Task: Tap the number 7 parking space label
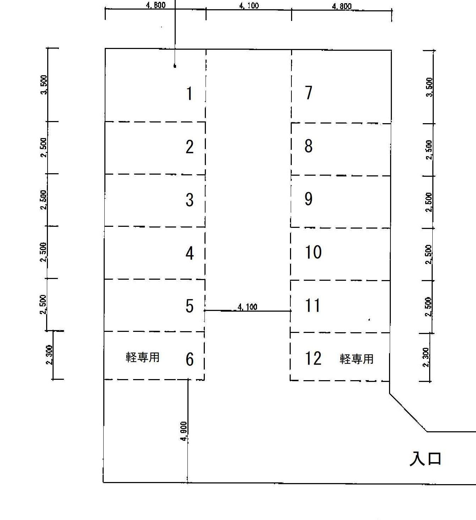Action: (308, 93)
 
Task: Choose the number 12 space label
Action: (313, 358)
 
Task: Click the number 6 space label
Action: (190, 360)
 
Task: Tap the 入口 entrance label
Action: (426, 459)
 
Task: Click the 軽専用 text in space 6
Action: (142, 357)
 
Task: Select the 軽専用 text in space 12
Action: (356, 359)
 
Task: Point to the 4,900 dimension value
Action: (184, 431)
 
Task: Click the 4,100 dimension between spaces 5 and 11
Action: (247, 307)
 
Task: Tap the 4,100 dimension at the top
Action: (249, 6)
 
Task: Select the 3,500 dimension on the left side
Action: (44, 85)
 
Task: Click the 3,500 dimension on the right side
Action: (430, 87)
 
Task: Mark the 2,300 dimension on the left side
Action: (49, 355)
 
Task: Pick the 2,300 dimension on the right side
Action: (426, 357)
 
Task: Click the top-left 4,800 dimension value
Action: (155, 5)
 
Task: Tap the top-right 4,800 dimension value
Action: (342, 6)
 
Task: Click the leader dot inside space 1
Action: (175, 66)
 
